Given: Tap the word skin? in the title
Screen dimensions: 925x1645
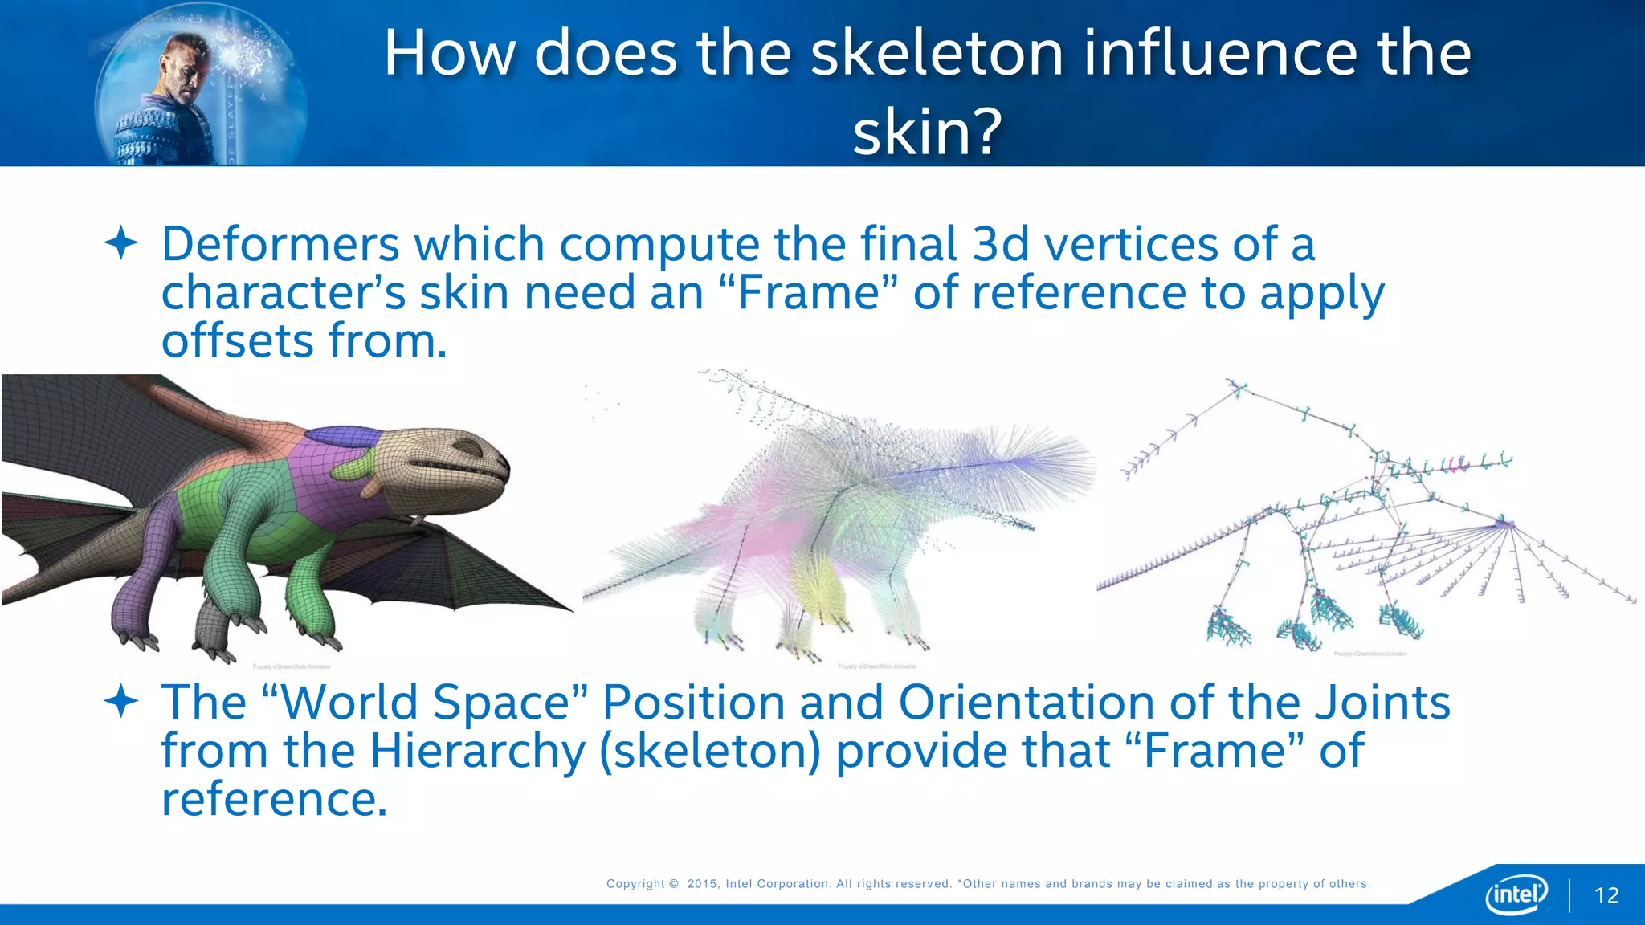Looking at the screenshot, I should click(x=927, y=132).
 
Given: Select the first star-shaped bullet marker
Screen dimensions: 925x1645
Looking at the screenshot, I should click(x=121, y=242).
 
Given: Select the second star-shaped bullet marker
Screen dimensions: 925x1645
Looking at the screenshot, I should click(x=121, y=701).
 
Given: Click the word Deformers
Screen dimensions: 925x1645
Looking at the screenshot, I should click(x=280, y=244).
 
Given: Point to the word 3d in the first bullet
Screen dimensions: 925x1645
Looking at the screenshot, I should click(x=1000, y=244).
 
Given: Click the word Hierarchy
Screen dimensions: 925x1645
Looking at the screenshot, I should click(x=477, y=752).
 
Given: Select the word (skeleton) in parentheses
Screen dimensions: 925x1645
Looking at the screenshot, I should click(x=711, y=752).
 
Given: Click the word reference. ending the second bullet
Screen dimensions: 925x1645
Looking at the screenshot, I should click(x=274, y=800).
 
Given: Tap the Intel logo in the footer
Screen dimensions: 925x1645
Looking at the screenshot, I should click(x=1516, y=894).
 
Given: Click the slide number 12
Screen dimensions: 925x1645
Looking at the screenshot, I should click(x=1606, y=895).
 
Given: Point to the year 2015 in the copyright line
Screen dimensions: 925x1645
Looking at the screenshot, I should click(x=703, y=884).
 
